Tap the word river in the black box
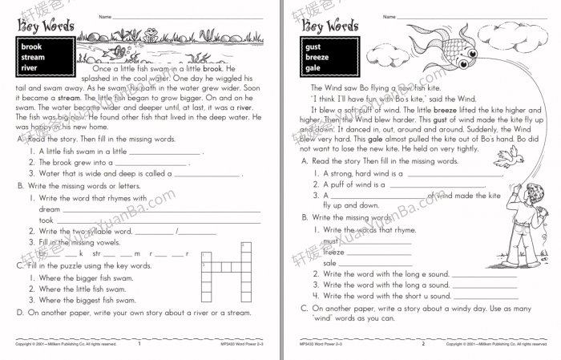tap(29, 68)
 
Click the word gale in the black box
tap(313, 68)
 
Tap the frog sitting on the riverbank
tap(150, 33)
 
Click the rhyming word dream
tap(50, 209)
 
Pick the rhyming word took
tap(46, 220)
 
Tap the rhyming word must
tap(330, 240)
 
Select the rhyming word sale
tap(330, 262)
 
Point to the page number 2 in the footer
tap(423, 343)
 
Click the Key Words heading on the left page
tap(41, 25)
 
